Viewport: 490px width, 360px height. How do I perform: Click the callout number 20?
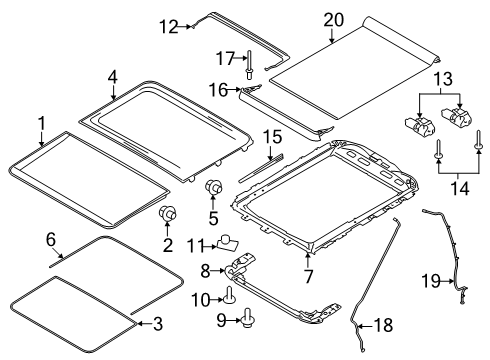[x=334, y=20]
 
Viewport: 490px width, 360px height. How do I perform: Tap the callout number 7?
[x=308, y=276]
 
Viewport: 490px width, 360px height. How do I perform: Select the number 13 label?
[x=443, y=79]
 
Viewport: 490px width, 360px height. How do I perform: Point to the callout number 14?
[x=460, y=188]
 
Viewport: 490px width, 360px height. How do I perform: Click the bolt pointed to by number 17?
[x=249, y=65]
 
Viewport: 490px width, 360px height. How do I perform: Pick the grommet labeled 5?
[x=213, y=187]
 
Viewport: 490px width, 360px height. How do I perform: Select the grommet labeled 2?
[x=167, y=213]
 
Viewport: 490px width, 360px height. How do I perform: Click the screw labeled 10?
[x=229, y=295]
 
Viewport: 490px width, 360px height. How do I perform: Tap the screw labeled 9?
[x=247, y=317]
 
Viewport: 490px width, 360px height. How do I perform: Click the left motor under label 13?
[x=420, y=126]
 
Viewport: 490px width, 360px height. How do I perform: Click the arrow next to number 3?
[x=143, y=323]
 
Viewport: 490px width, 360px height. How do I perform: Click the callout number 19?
[x=431, y=281]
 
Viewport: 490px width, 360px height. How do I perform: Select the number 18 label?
[x=383, y=325]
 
